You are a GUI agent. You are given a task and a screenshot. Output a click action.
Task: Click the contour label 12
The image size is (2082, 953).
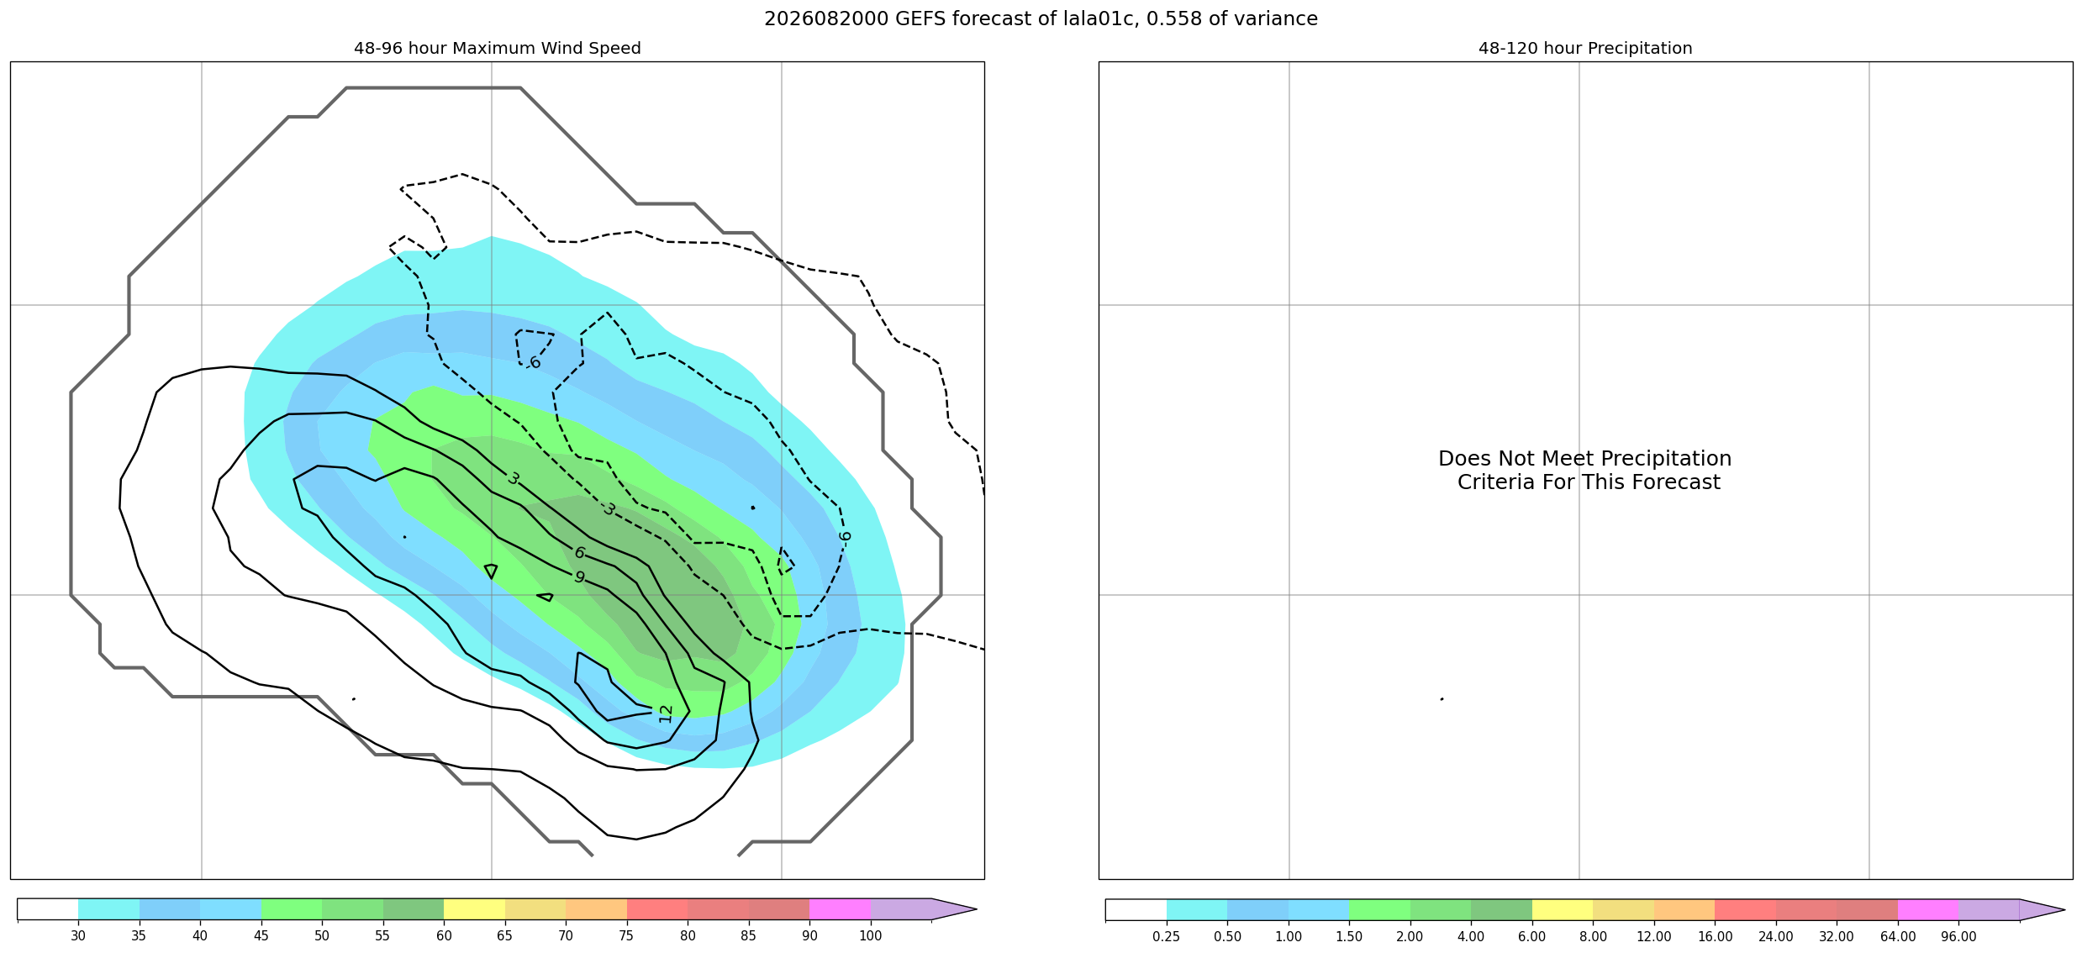pos(666,713)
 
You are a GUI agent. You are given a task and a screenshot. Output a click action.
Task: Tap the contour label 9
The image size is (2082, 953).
pos(579,577)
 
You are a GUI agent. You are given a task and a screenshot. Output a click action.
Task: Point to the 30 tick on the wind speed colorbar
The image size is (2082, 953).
pos(78,936)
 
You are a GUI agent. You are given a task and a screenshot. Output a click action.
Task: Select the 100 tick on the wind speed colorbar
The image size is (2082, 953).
pos(871,936)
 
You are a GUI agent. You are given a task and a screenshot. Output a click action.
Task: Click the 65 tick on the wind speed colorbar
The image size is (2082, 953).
pos(505,936)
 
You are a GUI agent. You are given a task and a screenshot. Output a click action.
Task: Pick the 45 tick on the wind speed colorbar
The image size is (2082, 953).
pos(261,936)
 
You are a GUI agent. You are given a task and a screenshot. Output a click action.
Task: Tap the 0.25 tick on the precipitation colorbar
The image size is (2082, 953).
pos(1166,936)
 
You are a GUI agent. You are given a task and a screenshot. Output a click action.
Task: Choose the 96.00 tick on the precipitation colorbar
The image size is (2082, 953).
pos(1958,936)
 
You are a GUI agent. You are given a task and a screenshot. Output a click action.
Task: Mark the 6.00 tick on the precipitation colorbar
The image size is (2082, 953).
pos(1532,936)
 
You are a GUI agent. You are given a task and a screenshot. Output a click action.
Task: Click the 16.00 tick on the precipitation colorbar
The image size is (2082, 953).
pos(1715,936)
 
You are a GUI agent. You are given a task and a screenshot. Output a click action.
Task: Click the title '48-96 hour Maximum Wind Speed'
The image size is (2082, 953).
pos(498,49)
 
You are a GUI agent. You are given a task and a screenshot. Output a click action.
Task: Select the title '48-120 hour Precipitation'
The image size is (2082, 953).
pos(1585,49)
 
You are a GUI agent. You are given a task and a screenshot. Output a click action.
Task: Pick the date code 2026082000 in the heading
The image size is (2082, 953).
pos(826,18)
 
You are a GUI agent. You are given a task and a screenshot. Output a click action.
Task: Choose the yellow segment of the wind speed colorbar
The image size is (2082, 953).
pos(474,909)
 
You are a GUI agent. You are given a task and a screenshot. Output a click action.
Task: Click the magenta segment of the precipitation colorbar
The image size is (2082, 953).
pos(1928,909)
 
